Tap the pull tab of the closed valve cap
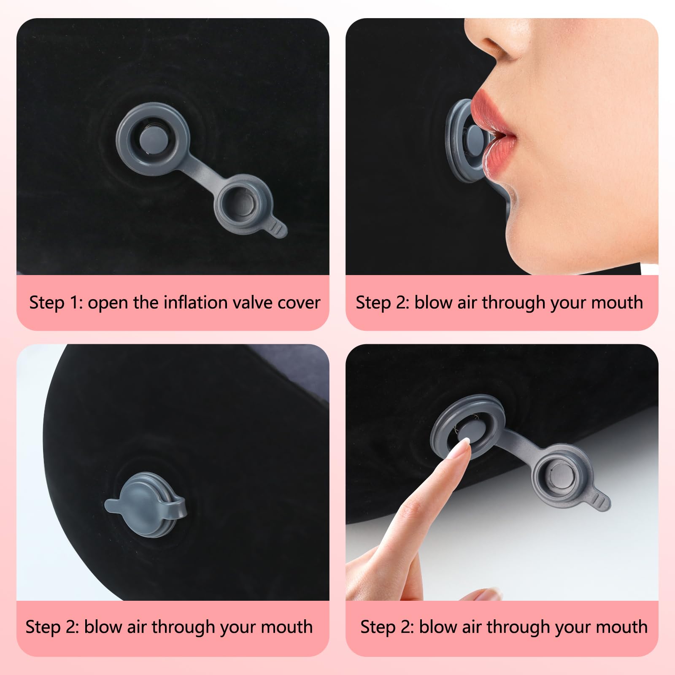113,504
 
